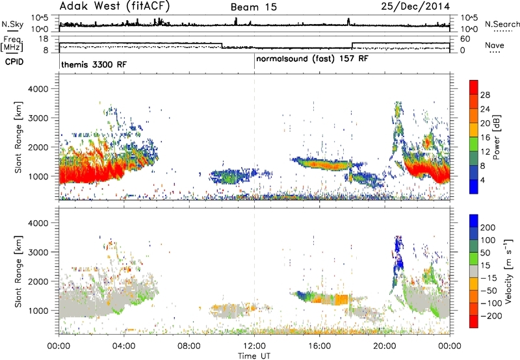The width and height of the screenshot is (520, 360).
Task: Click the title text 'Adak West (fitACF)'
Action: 114,6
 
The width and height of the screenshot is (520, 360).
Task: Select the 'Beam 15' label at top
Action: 253,7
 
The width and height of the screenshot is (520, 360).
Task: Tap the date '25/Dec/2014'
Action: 415,6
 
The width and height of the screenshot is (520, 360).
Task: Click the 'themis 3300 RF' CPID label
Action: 94,64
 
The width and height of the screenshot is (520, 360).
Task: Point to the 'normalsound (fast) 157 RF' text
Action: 312,59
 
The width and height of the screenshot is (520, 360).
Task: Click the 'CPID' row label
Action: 14,62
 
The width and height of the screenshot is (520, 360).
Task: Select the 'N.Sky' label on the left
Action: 12,24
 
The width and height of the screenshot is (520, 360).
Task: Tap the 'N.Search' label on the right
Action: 502,24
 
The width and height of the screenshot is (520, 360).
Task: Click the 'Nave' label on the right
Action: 495,45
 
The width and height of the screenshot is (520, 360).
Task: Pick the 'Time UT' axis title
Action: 254,356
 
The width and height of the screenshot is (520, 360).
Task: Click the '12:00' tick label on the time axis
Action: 254,346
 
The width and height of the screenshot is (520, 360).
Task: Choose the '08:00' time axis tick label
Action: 189,346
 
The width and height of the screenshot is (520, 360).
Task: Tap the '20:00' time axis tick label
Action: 385,346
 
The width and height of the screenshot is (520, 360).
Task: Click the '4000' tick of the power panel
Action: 38,89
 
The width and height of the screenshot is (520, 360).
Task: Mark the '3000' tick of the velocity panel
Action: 38,252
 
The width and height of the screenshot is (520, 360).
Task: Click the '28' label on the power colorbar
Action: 485,95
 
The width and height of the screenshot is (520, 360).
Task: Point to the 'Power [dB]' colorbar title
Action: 496,137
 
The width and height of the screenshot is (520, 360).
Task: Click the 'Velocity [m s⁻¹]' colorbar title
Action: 508,271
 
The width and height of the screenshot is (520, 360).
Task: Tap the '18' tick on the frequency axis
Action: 44,39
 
